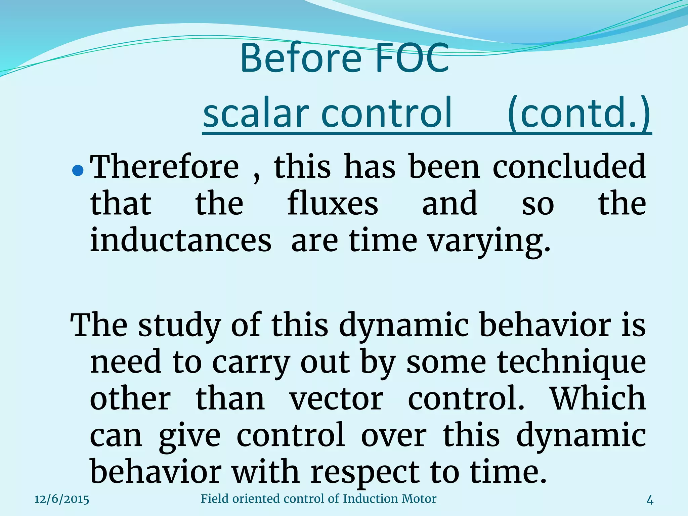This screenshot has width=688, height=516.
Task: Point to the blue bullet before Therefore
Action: [78, 171]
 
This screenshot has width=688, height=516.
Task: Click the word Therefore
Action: [165, 167]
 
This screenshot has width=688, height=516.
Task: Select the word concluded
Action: [569, 167]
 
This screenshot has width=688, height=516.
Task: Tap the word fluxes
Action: [333, 204]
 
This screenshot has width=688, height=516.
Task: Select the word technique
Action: [571, 363]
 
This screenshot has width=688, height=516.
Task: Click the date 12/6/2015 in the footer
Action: [62, 499]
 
